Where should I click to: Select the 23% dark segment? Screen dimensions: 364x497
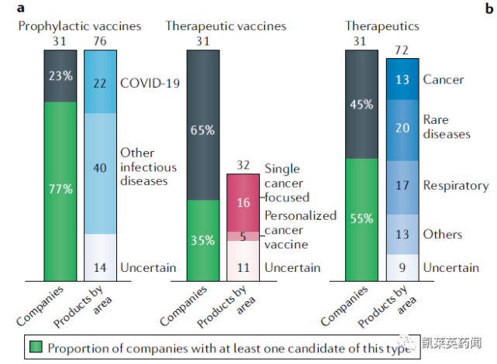point(60,77)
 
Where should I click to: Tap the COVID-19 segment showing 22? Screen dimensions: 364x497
point(100,83)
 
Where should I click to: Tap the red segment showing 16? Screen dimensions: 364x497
point(243,203)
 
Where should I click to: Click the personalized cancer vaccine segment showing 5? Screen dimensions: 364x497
point(243,236)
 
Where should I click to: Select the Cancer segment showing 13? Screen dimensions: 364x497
point(403,79)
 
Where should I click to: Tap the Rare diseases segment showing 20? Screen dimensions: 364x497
point(403,129)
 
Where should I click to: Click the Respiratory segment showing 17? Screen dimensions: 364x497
point(403,187)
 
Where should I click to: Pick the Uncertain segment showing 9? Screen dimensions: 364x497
point(403,267)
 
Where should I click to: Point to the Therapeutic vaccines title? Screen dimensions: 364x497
point(226,26)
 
